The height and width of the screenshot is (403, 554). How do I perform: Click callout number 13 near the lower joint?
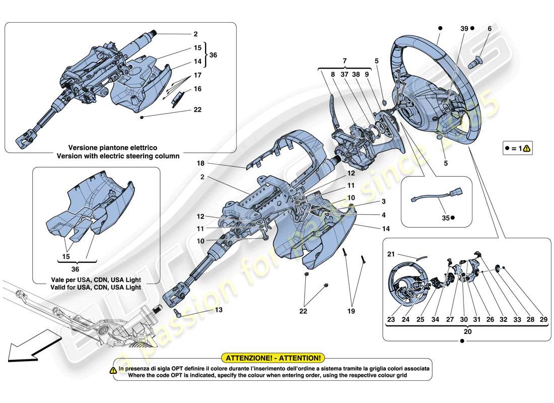pos(218,310)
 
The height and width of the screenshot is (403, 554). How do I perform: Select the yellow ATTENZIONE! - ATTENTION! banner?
pos(273,358)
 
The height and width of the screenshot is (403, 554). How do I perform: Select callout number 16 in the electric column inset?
pos(197,89)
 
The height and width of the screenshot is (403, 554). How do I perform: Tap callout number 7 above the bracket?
pos(344,60)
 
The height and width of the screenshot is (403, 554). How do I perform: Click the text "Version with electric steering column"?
pos(118,156)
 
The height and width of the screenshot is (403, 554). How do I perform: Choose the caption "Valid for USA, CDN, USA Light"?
pos(96,287)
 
